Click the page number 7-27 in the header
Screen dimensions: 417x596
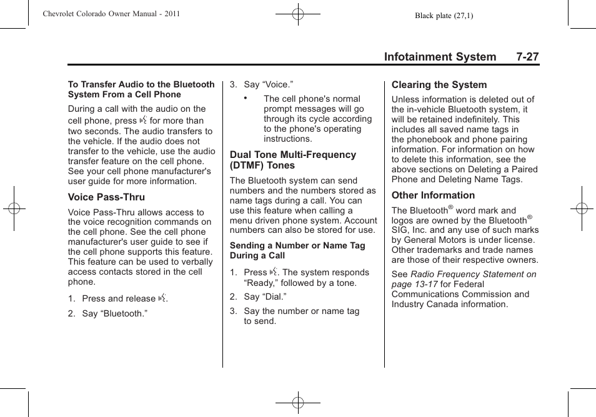527,57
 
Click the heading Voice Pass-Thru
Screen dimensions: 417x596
106,197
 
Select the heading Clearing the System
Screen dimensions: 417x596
439,85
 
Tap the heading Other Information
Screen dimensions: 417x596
433,195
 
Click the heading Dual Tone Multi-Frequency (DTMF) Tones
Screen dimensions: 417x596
292,160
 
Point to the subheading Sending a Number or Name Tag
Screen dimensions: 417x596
297,245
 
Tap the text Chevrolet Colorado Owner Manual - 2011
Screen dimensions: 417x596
111,14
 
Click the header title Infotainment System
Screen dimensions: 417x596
440,57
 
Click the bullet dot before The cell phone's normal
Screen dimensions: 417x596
247,98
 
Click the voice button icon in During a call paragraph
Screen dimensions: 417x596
143,120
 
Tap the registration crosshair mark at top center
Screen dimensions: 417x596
298,13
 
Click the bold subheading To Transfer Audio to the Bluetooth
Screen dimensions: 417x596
141,84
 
